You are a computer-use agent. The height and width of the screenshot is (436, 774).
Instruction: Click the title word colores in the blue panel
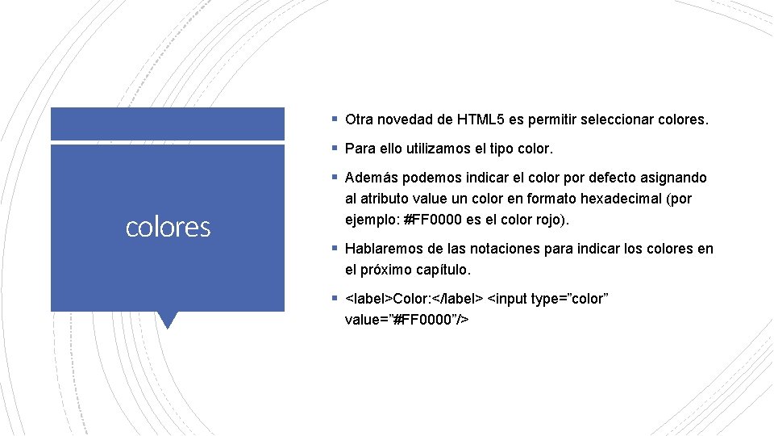click(168, 228)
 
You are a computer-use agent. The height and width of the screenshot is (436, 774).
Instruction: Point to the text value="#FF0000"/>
click(407, 320)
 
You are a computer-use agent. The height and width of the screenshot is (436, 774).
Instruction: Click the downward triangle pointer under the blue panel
click(168, 320)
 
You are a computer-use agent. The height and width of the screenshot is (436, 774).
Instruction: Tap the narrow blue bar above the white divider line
click(168, 124)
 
